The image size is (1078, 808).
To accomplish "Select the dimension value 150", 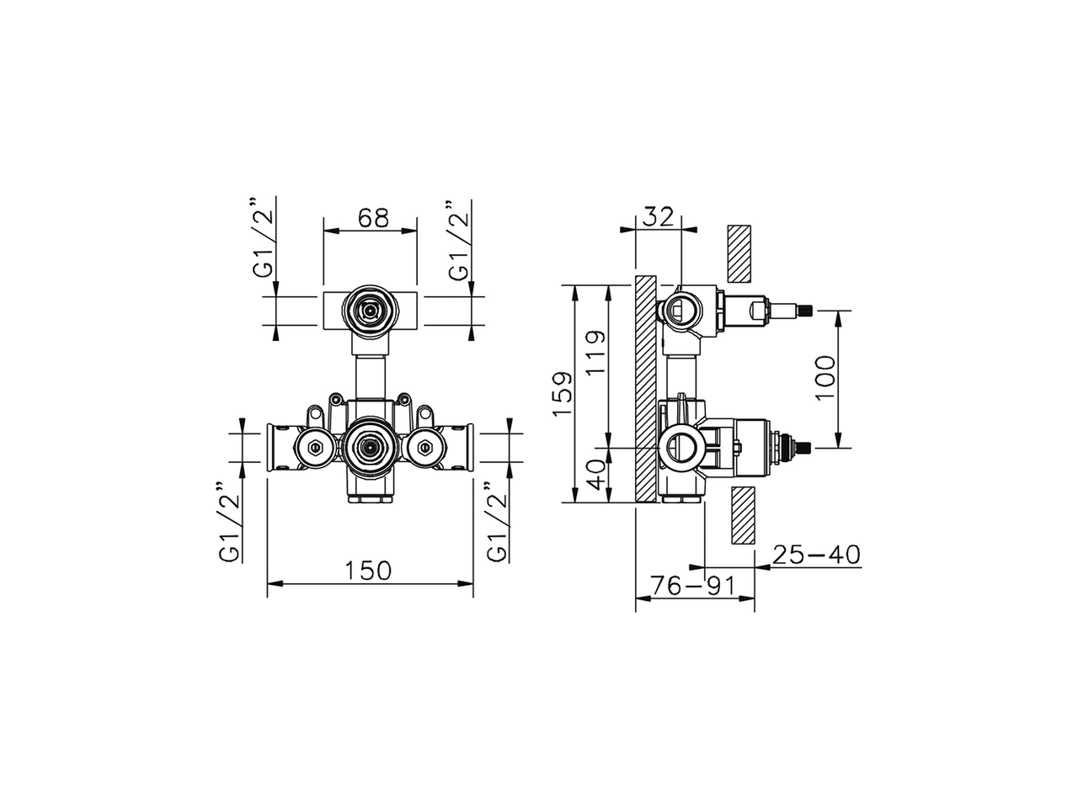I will [x=368, y=571].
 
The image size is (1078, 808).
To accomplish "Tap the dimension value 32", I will [x=659, y=217].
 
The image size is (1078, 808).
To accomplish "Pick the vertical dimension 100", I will [x=825, y=377].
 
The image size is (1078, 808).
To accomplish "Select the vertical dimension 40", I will [x=595, y=476].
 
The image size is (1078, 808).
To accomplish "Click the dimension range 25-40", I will [x=816, y=555].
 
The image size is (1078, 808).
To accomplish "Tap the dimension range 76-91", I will [x=693, y=586].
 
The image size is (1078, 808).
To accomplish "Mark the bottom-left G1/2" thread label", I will [x=229, y=522].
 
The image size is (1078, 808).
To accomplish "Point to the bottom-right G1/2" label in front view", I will [x=497, y=522].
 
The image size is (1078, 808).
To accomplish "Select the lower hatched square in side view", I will [x=743, y=516].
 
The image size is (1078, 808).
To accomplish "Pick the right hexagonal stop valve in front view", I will [x=424, y=448].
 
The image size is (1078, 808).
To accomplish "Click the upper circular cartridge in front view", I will [x=369, y=310].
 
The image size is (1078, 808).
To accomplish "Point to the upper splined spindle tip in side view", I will [x=806, y=311].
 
